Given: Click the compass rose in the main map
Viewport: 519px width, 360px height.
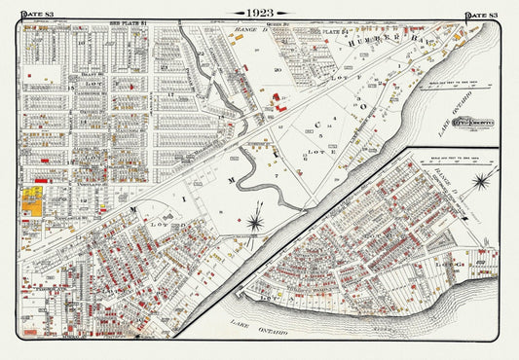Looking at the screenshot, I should coord(255,222).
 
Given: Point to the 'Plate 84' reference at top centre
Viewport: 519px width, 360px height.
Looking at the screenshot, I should coord(339,31).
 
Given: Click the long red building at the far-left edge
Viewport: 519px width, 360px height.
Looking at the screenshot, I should coord(41,180).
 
